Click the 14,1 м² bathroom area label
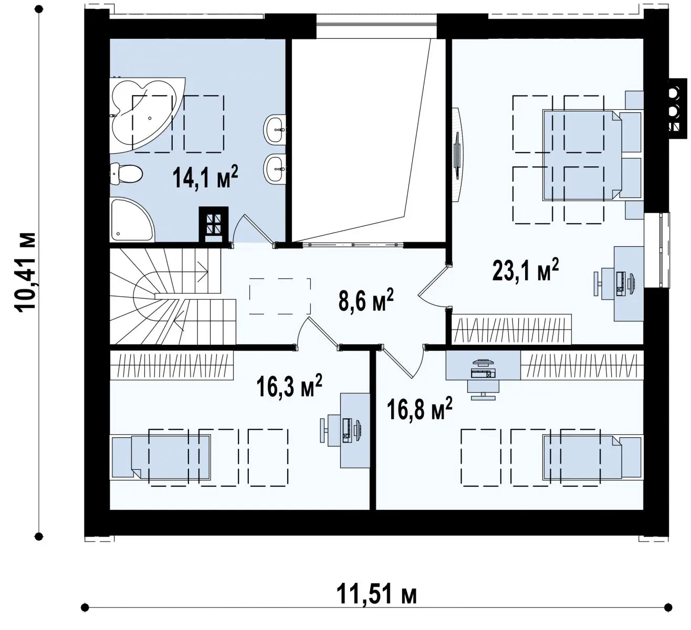pyautogui.click(x=205, y=177)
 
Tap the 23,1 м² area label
pyautogui.click(x=525, y=270)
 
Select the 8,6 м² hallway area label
pyautogui.click(x=366, y=300)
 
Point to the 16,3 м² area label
pyautogui.click(x=289, y=385)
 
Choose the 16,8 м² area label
pyautogui.click(x=420, y=408)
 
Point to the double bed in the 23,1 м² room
pyautogui.click(x=593, y=155)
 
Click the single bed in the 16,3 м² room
pyautogui.click(x=160, y=457)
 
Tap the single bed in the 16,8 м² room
pyautogui.click(x=593, y=457)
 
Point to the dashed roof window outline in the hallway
pyautogui.click(x=280, y=296)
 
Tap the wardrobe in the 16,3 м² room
pyautogui.click(x=172, y=365)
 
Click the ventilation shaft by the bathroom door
pyautogui.click(x=214, y=225)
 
